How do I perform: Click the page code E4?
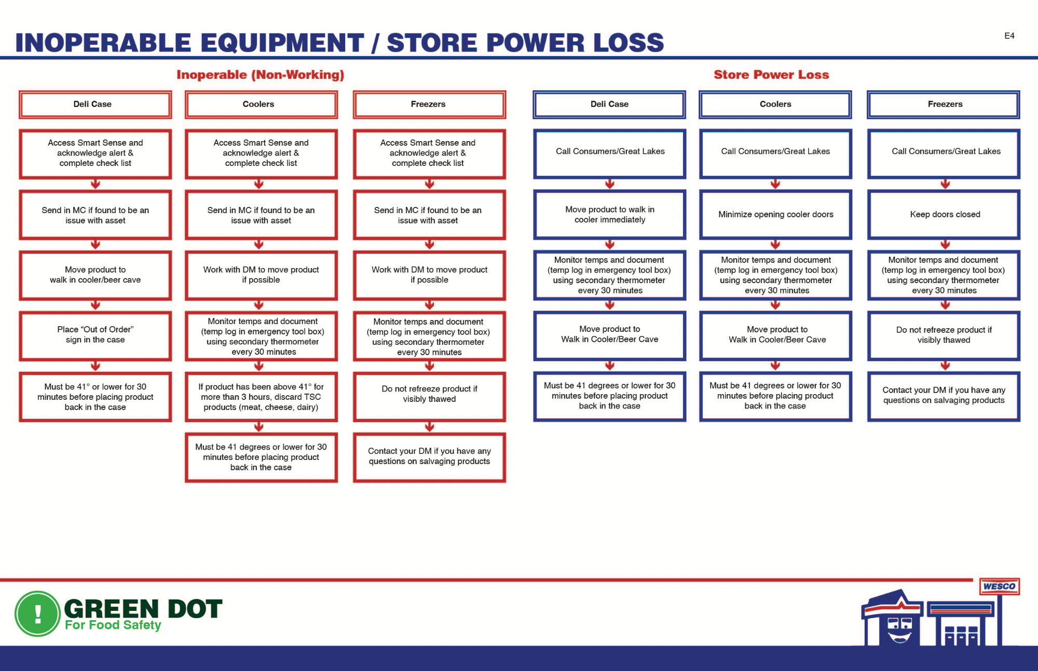(1009, 36)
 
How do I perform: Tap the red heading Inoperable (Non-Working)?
(260, 75)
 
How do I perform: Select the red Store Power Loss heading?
(771, 75)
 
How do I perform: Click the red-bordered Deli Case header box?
(95, 104)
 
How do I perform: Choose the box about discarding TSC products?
(261, 397)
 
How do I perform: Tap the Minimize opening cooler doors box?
(775, 214)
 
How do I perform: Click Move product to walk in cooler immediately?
(610, 214)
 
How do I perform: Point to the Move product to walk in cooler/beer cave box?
(95, 275)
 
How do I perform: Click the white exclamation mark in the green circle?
(38, 614)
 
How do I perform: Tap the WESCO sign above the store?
(999, 586)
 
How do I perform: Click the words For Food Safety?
(113, 625)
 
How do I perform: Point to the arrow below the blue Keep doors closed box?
(945, 244)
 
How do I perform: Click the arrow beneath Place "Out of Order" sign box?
(95, 366)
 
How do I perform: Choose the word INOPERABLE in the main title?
(103, 43)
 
